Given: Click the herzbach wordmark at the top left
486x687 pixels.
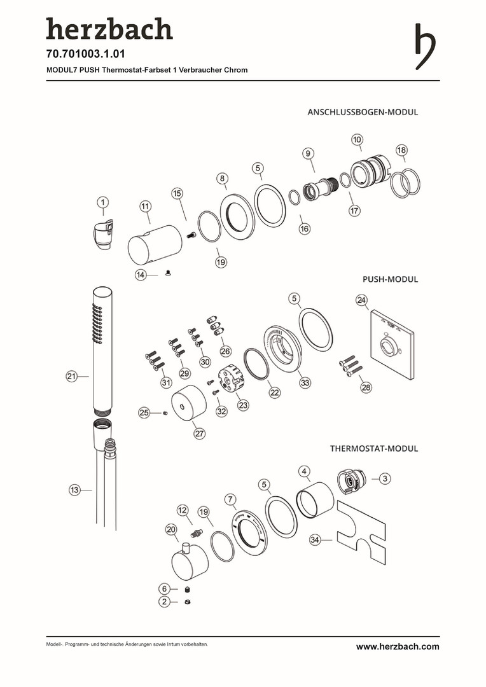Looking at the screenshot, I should [109, 29].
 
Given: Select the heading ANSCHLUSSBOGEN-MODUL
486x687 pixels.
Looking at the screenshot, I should [363, 112].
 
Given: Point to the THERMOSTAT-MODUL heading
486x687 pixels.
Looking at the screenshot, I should [374, 448].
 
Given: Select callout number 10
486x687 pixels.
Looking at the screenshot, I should [357, 139].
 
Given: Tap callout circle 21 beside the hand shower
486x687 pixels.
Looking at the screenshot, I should [72, 377].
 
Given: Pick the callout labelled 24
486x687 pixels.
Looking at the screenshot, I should [361, 300].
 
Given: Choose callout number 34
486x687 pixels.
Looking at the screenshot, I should [314, 539].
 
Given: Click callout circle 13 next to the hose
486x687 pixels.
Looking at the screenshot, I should [75, 490].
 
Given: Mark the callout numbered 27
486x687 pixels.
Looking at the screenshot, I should [200, 433].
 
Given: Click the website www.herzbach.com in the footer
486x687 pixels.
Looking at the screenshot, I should [398, 646].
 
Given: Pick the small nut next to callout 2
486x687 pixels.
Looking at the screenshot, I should [187, 601].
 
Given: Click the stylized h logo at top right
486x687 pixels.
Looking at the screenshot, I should [426, 46].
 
